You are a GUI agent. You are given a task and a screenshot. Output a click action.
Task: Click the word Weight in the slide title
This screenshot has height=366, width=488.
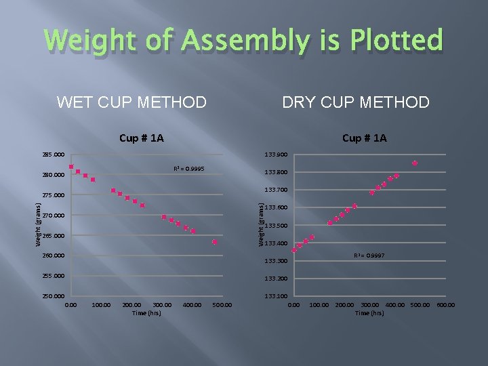98,41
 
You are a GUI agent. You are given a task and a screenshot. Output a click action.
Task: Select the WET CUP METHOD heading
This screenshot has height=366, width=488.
132,103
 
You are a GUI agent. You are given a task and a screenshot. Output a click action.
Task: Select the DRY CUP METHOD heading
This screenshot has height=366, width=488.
356,103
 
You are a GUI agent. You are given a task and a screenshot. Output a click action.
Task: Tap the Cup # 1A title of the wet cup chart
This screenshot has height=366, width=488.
141,138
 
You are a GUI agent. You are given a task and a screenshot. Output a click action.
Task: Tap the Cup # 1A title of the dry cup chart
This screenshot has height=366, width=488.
365,138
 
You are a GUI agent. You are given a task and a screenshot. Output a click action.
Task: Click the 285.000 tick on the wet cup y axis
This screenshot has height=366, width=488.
53,155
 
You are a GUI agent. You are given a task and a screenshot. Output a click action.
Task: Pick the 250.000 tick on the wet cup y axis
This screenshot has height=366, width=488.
53,297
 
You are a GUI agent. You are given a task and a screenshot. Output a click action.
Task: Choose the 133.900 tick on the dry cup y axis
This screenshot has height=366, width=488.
276,155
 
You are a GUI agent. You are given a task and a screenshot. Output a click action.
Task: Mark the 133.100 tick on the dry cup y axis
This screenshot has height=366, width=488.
276,297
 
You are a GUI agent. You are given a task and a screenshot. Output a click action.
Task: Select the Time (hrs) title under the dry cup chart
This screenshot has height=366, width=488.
369,312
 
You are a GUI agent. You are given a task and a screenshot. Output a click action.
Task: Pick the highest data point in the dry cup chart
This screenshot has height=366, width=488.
415,163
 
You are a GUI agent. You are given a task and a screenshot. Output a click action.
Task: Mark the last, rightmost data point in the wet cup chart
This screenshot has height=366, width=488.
215,242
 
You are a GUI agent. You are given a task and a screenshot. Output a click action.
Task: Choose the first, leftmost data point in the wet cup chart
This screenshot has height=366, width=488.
70,167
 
